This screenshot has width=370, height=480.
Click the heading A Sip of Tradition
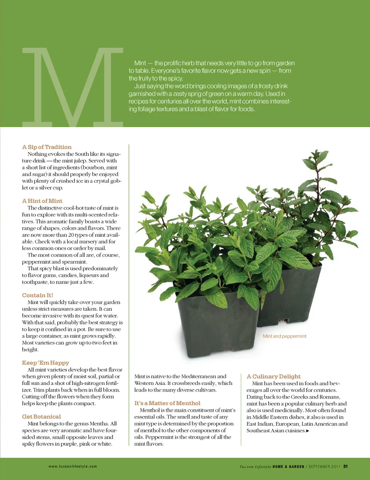pyautogui.click(x=47, y=147)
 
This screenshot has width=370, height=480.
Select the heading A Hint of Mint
pyautogui.click(x=42, y=201)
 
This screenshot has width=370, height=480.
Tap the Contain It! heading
pyautogui.click(x=37, y=295)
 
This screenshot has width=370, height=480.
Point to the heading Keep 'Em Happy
pyautogui.click(x=45, y=363)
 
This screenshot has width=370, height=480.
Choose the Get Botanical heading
pyautogui.click(x=41, y=417)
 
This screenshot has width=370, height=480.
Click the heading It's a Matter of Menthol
pyautogui.click(x=167, y=403)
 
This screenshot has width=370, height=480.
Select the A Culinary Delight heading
pyautogui.click(x=274, y=376)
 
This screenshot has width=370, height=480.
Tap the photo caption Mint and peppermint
pyautogui.click(x=284, y=336)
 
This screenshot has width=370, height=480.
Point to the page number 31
pyautogui.click(x=345, y=467)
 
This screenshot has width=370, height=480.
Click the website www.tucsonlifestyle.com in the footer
pyautogui.click(x=73, y=467)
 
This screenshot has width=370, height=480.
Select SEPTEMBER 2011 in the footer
pyautogui.click(x=325, y=467)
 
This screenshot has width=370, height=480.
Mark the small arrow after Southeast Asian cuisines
pyautogui.click(x=308, y=431)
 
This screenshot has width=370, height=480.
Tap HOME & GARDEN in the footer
pyautogui.click(x=288, y=467)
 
